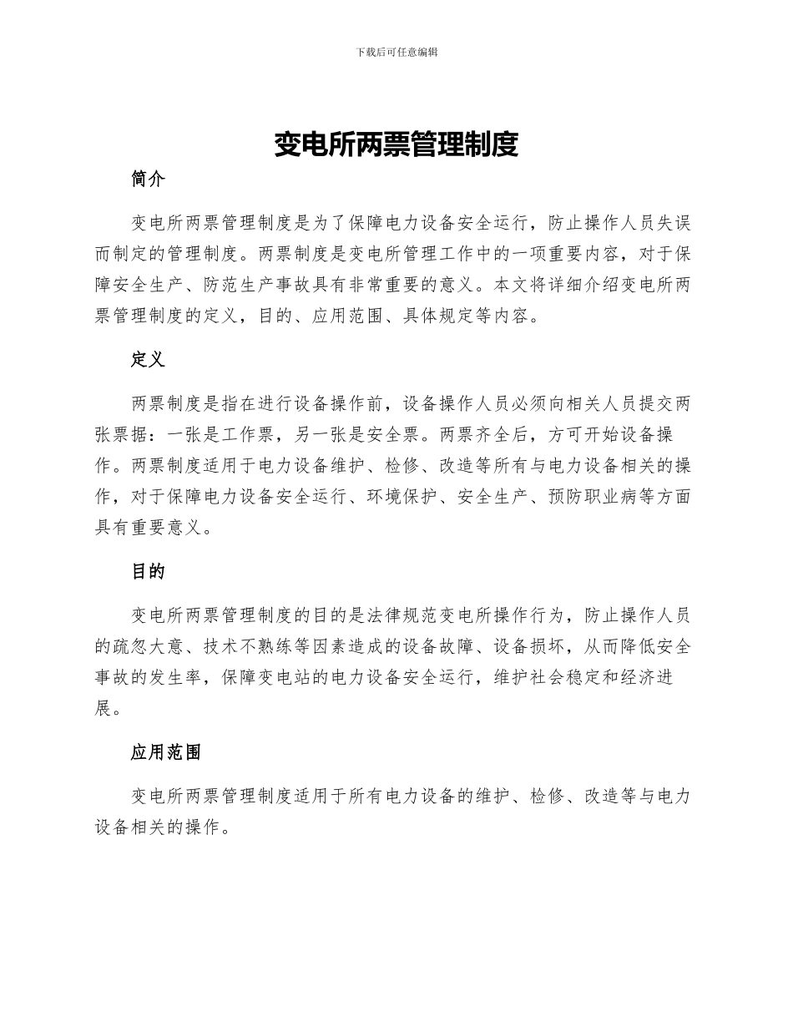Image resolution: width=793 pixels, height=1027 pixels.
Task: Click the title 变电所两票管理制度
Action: pyautogui.click(x=396, y=145)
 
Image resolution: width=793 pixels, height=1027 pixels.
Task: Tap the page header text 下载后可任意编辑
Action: pyautogui.click(x=396, y=52)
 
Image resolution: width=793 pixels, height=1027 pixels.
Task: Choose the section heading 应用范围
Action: pyautogui.click(x=166, y=752)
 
